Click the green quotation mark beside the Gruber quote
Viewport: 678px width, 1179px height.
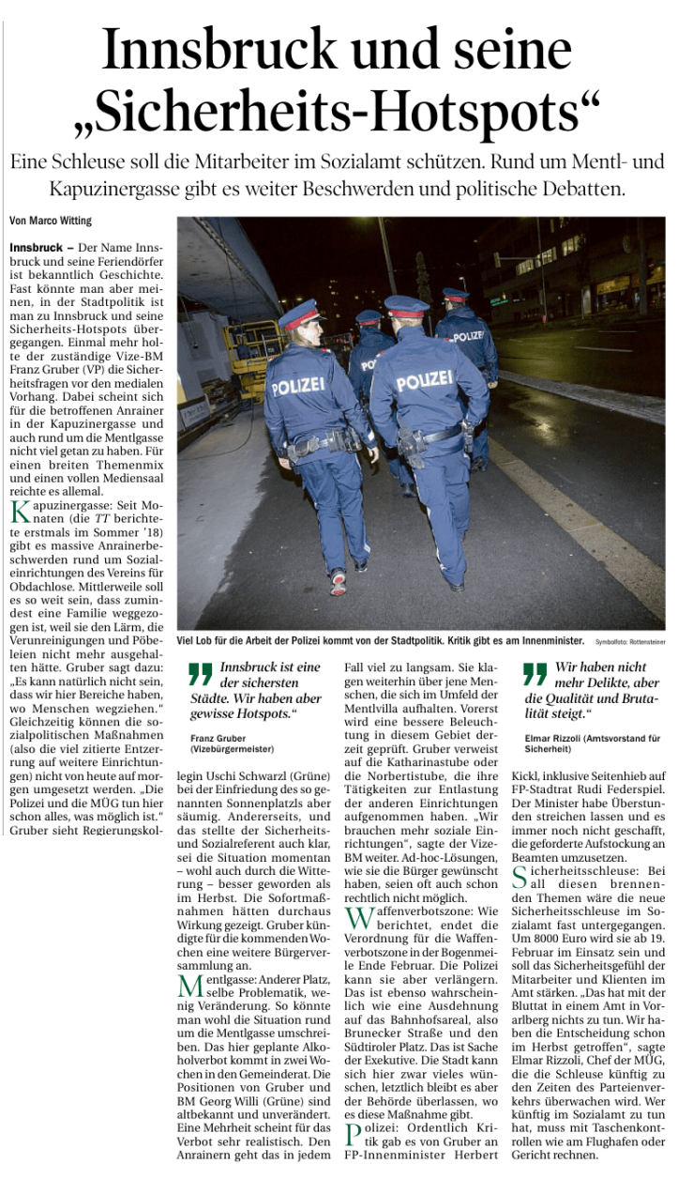pyautogui.click(x=200, y=673)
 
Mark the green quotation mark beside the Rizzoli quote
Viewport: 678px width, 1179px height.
pyautogui.click(x=535, y=673)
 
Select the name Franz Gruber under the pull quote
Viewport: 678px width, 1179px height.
pyautogui.click(x=217, y=738)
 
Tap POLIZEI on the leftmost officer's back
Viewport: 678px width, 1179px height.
pyautogui.click(x=298, y=387)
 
